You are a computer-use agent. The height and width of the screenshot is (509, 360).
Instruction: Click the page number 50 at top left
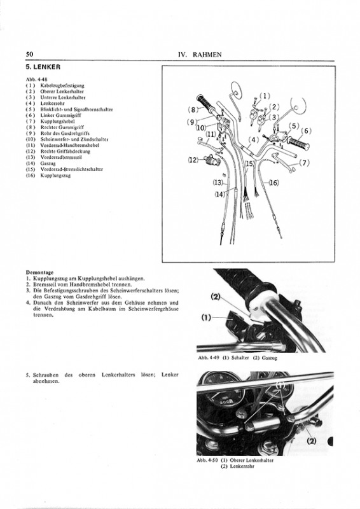click(29, 54)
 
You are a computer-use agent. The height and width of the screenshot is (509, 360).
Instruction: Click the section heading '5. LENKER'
click(43, 67)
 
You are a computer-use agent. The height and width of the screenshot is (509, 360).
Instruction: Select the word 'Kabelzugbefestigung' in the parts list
click(62, 86)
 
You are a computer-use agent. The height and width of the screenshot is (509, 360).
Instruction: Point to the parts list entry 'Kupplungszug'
click(55, 176)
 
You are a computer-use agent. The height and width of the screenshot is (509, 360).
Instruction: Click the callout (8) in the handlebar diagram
click(193, 109)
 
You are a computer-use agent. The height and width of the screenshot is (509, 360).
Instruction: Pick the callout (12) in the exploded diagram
click(193, 160)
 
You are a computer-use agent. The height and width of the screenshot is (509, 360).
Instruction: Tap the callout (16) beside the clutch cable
click(273, 183)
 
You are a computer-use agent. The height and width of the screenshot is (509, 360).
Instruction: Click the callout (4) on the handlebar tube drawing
click(253, 140)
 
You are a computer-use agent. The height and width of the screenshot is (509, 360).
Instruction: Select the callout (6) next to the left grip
click(306, 131)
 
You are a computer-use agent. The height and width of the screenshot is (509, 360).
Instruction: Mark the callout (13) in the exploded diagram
click(218, 183)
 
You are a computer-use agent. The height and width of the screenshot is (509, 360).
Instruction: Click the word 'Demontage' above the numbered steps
click(39, 272)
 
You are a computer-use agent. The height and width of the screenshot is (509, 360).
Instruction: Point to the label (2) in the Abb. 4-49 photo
click(216, 296)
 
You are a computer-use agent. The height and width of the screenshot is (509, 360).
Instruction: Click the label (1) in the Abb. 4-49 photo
click(206, 317)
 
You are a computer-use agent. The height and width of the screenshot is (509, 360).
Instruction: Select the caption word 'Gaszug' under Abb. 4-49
click(270, 358)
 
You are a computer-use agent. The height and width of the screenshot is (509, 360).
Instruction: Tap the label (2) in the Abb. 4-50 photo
click(312, 441)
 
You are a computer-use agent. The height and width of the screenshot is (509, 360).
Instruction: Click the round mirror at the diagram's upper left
click(237, 89)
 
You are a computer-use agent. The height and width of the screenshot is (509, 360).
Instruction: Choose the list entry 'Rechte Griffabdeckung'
click(66, 151)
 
